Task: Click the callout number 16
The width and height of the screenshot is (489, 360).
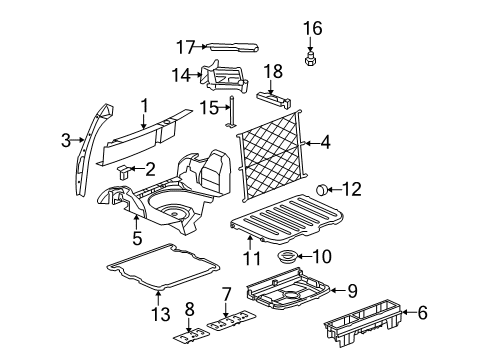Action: tap(312, 27)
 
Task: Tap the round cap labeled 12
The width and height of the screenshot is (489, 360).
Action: tap(322, 188)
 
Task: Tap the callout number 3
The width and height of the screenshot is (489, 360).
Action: tap(66, 141)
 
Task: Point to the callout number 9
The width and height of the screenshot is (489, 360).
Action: tap(350, 291)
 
